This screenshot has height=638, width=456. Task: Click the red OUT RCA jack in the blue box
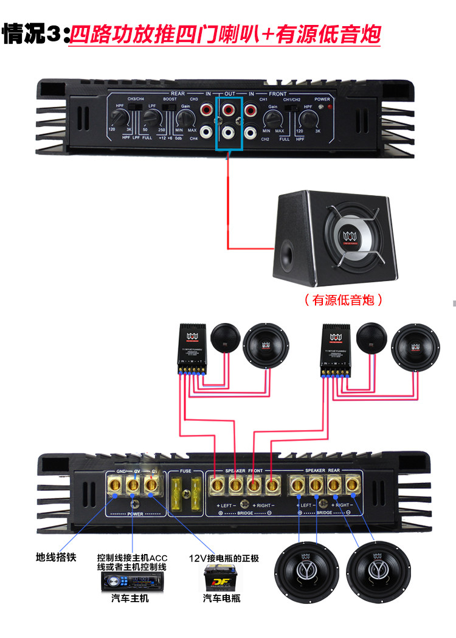tap(229, 111)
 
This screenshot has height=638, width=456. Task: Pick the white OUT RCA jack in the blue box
tap(229, 131)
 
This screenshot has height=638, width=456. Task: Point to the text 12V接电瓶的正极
tap(224, 558)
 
